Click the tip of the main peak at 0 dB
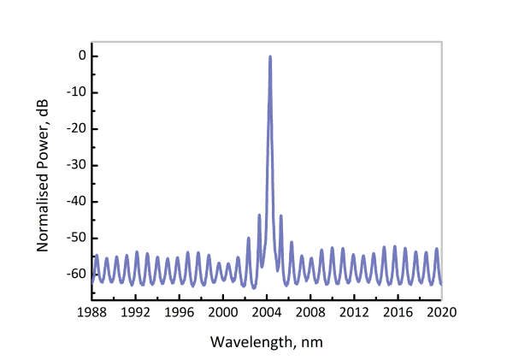click(x=270, y=56)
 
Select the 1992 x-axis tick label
click(x=136, y=312)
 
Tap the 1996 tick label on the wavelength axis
click(x=180, y=312)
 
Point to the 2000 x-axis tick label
click(x=223, y=312)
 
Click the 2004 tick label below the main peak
click(x=267, y=312)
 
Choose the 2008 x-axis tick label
click(x=310, y=312)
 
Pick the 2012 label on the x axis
click(x=354, y=312)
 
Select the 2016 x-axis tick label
click(x=398, y=312)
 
